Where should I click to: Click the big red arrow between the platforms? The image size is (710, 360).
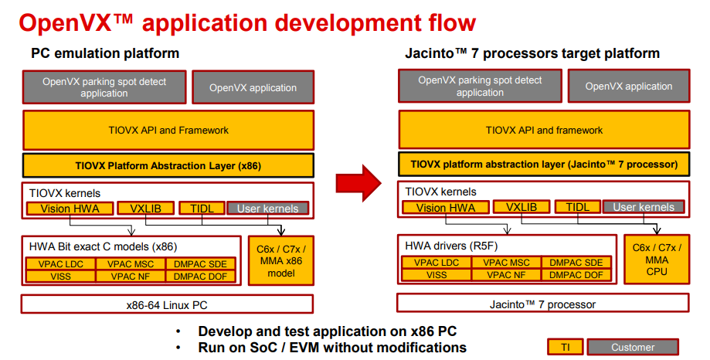tap(358, 182)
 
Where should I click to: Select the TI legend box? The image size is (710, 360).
tap(566, 347)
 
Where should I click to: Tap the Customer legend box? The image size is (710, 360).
tap(633, 347)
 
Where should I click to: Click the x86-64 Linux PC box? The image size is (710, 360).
tap(167, 304)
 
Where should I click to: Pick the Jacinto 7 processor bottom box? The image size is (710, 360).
tap(543, 304)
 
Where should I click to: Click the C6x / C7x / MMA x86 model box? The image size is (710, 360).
tap(281, 261)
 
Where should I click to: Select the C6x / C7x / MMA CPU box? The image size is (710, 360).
tap(657, 260)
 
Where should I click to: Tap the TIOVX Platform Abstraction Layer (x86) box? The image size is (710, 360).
tap(168, 165)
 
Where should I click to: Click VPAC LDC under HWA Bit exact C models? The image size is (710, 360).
tap(61, 264)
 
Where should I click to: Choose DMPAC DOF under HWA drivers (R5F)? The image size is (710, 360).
tap(576, 274)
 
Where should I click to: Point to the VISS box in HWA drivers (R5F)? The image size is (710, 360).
tap(437, 274)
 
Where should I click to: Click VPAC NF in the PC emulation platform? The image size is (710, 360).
tap(131, 277)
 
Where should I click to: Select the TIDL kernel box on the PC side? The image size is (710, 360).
tap(202, 209)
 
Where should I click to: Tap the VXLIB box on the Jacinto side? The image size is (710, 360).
tap(521, 207)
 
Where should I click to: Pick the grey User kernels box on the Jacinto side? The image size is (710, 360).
tap(644, 207)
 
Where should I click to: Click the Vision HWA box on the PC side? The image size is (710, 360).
tap(70, 209)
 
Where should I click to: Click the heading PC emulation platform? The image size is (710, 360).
tap(105, 53)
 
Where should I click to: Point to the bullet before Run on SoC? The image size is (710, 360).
tap(179, 348)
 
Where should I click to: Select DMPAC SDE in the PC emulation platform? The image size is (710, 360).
tap(200, 264)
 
